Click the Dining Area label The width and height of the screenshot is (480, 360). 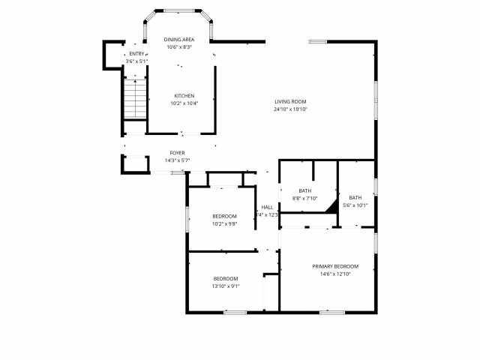[178, 40]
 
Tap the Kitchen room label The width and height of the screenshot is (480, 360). [184, 96]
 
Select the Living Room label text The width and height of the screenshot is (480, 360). [290, 102]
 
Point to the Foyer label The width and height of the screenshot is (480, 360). [177, 153]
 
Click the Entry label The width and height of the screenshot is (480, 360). [136, 54]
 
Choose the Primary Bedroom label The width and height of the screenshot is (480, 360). [335, 266]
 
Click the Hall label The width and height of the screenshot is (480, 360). [267, 208]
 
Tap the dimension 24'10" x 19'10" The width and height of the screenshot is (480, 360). [290, 109]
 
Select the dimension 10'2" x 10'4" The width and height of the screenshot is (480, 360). [184, 103]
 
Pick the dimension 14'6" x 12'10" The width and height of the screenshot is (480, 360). [335, 274]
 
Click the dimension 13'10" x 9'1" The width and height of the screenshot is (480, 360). [226, 286]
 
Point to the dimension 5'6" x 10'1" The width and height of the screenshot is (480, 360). [355, 205]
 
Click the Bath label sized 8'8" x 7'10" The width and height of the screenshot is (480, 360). [304, 190]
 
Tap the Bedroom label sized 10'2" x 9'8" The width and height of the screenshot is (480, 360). [224, 216]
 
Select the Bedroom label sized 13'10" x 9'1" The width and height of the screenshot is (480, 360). [226, 278]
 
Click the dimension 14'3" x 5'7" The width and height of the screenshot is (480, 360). [177, 160]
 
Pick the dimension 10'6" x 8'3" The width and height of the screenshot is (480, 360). [178, 47]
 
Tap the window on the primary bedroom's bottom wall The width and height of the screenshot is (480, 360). [331, 311]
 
